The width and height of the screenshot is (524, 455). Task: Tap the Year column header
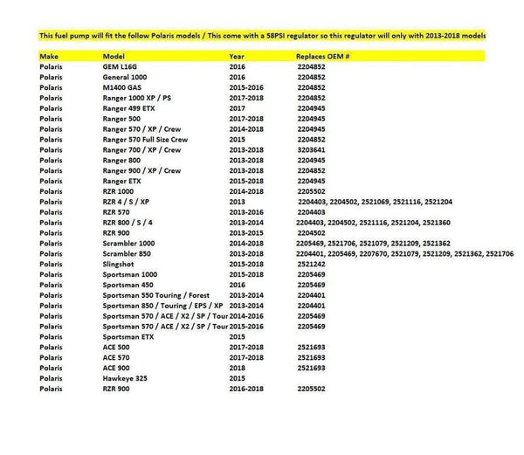(x=238, y=54)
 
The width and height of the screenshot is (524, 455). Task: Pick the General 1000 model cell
(x=128, y=77)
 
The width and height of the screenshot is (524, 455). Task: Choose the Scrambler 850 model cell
(x=129, y=252)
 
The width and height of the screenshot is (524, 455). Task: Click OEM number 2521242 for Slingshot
(x=312, y=263)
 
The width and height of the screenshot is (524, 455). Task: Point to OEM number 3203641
(x=312, y=149)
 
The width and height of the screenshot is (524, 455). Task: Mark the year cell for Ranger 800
(x=245, y=160)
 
